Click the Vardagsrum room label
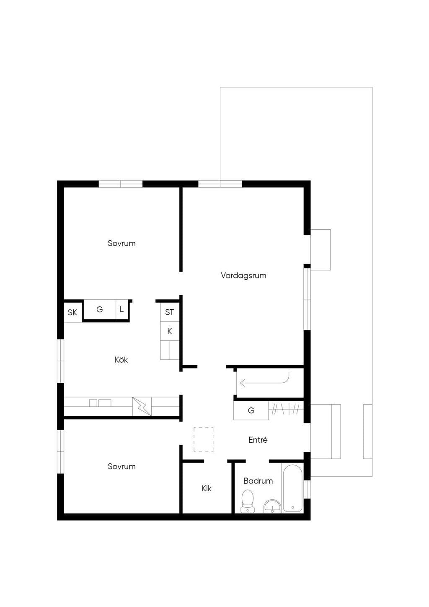(x=243, y=276)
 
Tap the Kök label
(x=121, y=360)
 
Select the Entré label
(x=258, y=440)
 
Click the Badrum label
(x=258, y=481)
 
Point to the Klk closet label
(x=207, y=488)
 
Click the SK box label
(x=72, y=312)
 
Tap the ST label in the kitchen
(x=169, y=312)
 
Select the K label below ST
(x=170, y=331)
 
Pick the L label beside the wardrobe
(x=121, y=309)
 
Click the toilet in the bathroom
(x=248, y=501)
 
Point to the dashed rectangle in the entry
(x=203, y=439)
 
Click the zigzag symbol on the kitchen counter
(x=142, y=407)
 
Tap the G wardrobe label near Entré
(x=251, y=410)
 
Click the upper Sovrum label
(x=121, y=243)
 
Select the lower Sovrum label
(x=121, y=467)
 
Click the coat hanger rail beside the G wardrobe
(x=286, y=409)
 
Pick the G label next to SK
(x=100, y=309)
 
